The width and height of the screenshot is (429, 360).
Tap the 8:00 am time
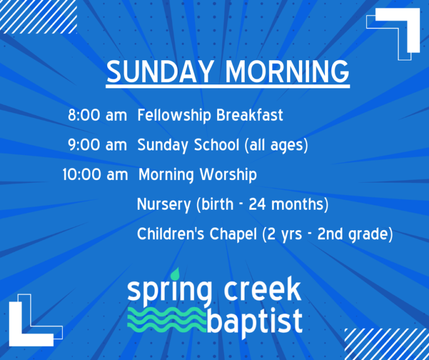[97, 116]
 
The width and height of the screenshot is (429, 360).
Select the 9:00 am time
[97, 145]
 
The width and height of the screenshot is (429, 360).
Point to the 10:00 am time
[95, 175]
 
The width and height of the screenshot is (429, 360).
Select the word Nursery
[164, 205]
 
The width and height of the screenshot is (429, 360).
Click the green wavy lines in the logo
[166, 319]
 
